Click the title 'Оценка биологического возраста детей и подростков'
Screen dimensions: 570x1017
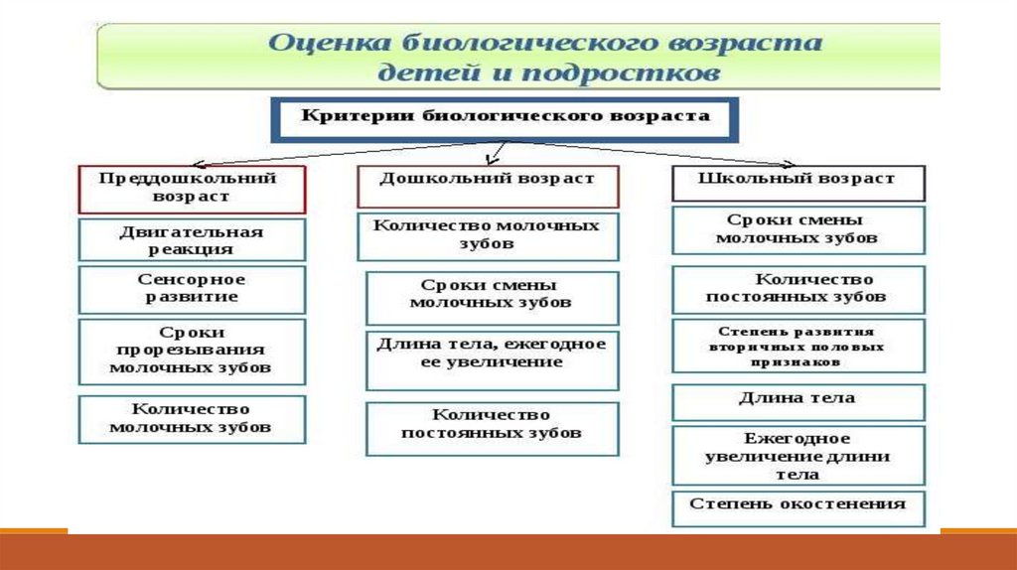(517, 58)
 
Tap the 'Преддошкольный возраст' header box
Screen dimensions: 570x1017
(192, 188)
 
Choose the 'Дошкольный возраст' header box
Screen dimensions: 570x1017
(488, 186)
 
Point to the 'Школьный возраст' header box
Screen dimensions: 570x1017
(798, 183)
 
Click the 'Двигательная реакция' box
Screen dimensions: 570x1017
(192, 240)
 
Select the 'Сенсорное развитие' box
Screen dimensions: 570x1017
(192, 289)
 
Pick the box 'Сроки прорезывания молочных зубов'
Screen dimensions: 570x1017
(192, 351)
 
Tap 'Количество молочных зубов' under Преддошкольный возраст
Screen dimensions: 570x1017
(192, 419)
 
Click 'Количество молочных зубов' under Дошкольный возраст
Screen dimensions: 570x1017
(488, 235)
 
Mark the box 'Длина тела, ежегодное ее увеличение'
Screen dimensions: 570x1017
(492, 359)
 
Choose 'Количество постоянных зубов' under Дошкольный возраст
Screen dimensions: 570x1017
(492, 427)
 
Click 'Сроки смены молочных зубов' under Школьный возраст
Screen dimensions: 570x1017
(798, 229)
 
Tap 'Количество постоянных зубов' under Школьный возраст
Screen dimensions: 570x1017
(798, 289)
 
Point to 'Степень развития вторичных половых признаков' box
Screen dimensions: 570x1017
(798, 346)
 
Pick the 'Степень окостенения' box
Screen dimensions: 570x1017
(798, 506)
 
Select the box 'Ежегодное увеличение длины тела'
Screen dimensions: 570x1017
(798, 456)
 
